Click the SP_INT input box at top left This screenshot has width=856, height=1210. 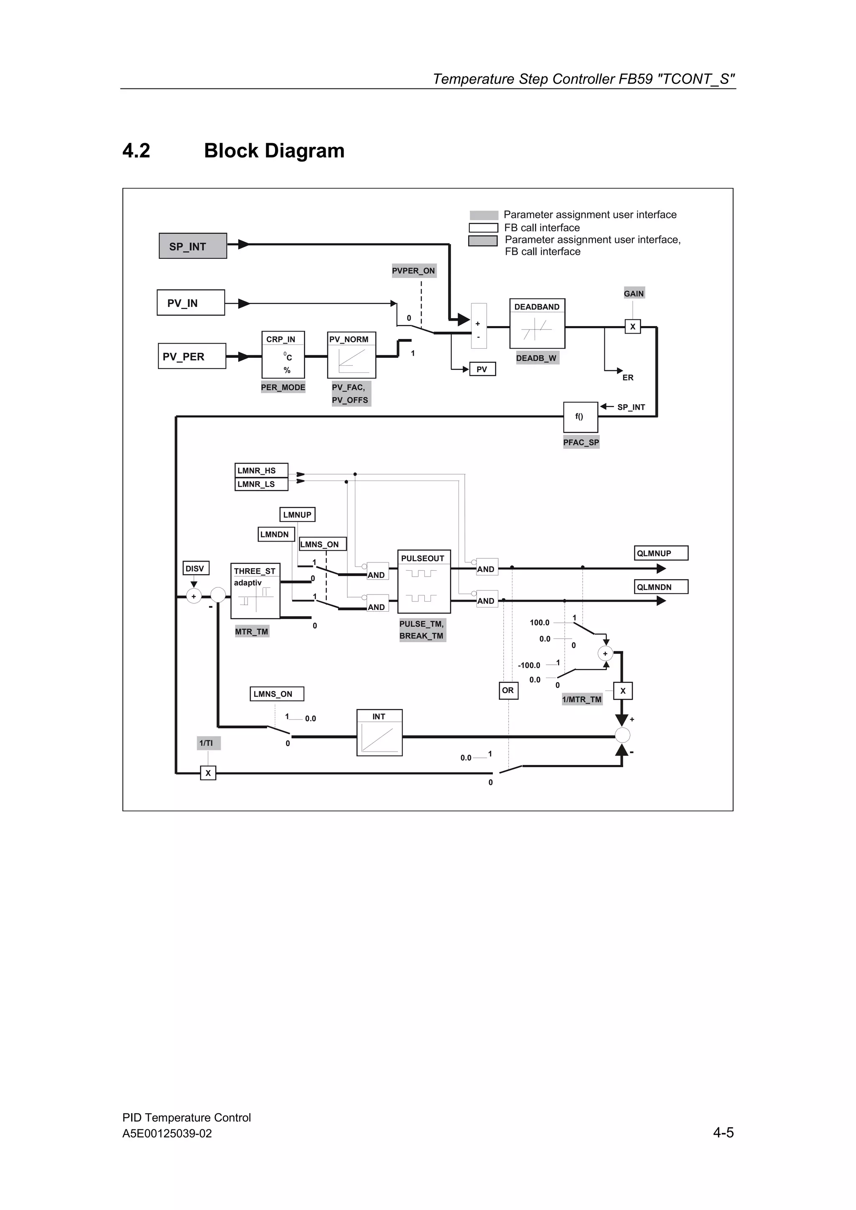click(x=193, y=246)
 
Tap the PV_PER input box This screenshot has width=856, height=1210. click(x=191, y=356)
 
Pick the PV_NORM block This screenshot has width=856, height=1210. click(x=351, y=354)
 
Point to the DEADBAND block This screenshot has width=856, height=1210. click(x=537, y=324)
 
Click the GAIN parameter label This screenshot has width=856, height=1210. click(x=633, y=294)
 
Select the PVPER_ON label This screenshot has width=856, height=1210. click(x=413, y=271)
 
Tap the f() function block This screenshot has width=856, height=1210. click(x=580, y=417)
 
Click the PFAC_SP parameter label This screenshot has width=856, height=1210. click(x=581, y=442)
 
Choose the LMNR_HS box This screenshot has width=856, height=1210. click(x=261, y=470)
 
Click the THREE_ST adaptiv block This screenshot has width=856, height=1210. click(x=255, y=591)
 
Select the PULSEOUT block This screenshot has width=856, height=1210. click(x=423, y=581)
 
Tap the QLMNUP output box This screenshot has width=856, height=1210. click(x=661, y=553)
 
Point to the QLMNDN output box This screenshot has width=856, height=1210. click(x=661, y=587)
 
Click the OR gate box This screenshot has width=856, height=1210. click(x=508, y=690)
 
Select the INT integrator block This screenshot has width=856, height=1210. click(x=379, y=732)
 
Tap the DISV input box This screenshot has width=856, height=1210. click(x=196, y=568)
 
